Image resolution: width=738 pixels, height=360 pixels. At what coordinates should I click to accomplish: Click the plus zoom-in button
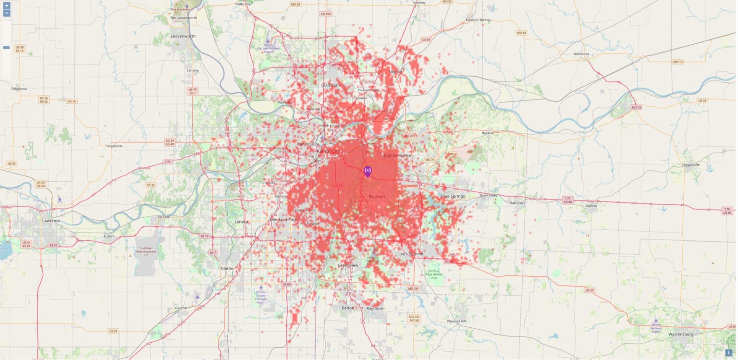click(6, 5)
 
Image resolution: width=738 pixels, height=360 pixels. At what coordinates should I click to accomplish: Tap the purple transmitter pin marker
click(368, 172)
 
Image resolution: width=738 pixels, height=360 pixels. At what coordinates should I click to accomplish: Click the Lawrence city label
click(51, 221)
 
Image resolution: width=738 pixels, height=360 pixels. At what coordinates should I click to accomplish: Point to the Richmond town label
click(581, 54)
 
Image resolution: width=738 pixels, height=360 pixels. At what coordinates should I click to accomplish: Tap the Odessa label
click(591, 206)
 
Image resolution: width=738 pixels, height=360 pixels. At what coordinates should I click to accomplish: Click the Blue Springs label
click(453, 196)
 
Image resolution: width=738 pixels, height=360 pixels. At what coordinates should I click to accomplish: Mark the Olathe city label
click(226, 268)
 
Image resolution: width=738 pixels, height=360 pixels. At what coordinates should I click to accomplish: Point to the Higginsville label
click(691, 164)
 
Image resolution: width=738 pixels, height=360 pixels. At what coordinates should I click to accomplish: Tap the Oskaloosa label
click(19, 88)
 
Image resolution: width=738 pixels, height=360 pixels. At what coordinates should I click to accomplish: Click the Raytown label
click(377, 197)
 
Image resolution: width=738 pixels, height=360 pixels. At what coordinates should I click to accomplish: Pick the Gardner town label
click(181, 308)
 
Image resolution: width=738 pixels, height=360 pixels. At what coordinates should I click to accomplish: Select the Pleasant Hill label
click(456, 321)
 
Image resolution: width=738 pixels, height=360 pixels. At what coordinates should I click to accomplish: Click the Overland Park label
click(283, 219)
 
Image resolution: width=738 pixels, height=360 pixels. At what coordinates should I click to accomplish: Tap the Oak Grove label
click(517, 203)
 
